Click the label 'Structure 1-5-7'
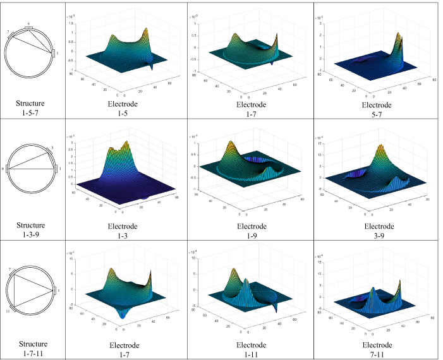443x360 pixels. [31, 108]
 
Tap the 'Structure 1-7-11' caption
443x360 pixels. [31, 347]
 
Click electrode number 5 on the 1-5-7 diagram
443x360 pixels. [28, 27]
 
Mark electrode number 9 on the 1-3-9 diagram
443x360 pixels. [4, 169]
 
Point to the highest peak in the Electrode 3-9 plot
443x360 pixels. [381, 150]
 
